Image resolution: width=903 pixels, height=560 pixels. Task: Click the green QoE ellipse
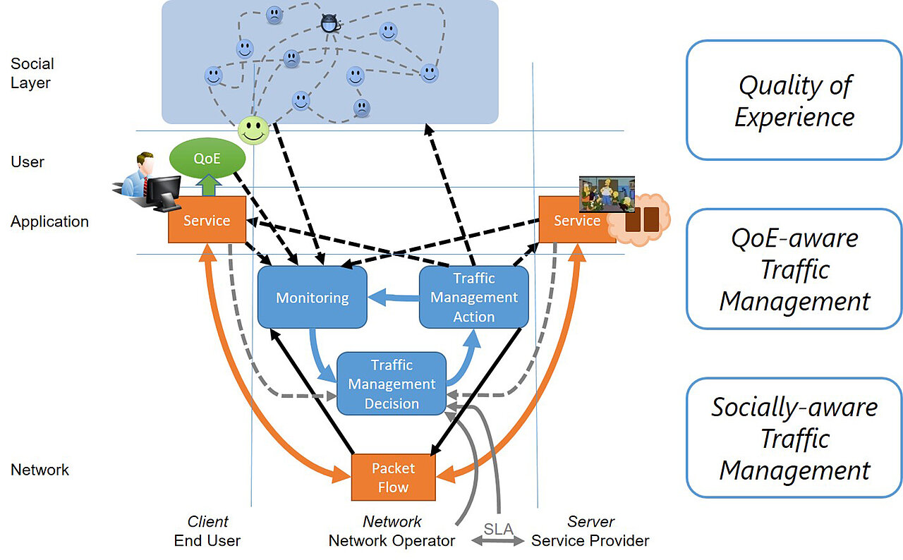coord(207,159)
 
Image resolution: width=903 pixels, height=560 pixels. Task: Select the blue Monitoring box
coord(313,297)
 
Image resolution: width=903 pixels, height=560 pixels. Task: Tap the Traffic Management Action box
coord(473,297)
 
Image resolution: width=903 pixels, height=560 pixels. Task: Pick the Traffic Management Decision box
coord(392,384)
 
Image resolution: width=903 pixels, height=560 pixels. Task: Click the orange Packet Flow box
coord(393,477)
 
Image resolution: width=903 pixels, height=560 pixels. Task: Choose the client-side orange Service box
coord(207,220)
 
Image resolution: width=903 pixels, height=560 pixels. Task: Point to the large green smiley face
coord(253,130)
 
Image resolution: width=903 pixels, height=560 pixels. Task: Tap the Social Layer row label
coord(32,73)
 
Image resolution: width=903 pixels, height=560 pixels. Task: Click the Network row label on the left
coord(40,470)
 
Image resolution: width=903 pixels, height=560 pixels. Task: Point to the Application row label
coord(49,221)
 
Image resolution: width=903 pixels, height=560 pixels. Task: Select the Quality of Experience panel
coord(794,100)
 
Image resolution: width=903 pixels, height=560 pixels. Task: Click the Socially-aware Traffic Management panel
coord(794,438)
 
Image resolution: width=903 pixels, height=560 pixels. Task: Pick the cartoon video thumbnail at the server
coord(607,194)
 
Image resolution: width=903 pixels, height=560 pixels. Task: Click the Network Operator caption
coord(392,541)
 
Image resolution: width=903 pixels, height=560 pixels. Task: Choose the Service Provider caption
coord(590,541)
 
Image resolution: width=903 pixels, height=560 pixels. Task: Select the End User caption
coord(207,541)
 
